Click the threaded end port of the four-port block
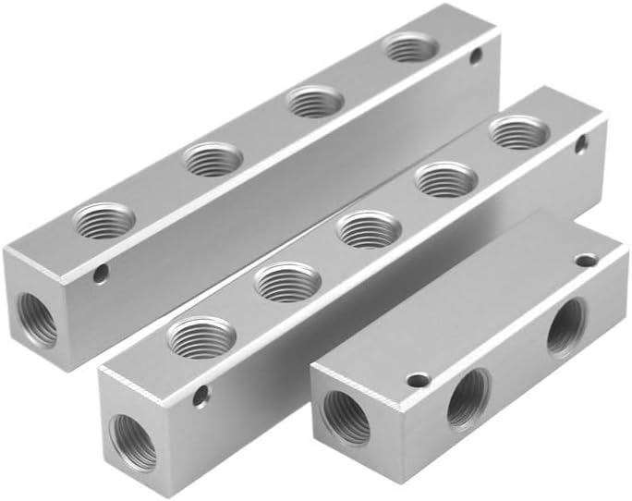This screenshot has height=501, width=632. coord(38,319)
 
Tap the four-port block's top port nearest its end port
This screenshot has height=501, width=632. coord(103,222)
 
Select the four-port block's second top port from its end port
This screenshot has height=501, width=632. coord(213,160)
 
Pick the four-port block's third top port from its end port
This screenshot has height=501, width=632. coord(315,101)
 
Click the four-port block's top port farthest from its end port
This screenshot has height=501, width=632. coord(411,47)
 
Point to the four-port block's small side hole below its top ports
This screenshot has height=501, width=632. coord(100,273)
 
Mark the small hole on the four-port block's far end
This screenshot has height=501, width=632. coord(476,56)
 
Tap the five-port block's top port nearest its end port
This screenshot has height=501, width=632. coord(201,337)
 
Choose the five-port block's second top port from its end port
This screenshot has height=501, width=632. coord(286,282)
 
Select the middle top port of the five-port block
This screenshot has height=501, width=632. coord(369,228)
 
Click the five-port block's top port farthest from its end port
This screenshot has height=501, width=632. coord(517,132)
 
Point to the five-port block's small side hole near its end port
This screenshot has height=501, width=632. coord(200,396)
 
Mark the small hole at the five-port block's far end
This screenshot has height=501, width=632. coord(580,143)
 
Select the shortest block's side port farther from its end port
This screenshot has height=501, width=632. coord(565,329)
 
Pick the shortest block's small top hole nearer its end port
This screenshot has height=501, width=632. coord(418,380)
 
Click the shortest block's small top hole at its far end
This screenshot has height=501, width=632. coord(585,261)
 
